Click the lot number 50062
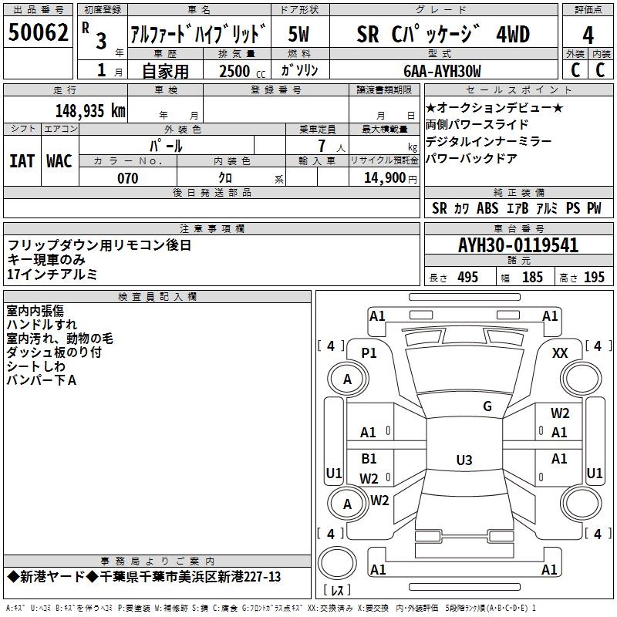38,32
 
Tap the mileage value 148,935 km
90,111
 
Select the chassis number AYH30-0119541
518,245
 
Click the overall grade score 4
588,35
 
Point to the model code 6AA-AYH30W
442,71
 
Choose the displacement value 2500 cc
242,71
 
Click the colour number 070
128,178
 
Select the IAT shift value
22,161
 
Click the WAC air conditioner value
59,161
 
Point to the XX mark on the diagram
560,353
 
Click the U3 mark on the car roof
464,460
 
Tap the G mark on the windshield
487,406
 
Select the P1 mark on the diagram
369,353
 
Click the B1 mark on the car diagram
369,458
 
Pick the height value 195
594,278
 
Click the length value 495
468,278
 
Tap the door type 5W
299,34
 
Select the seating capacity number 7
322,146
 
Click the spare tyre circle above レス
337,563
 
